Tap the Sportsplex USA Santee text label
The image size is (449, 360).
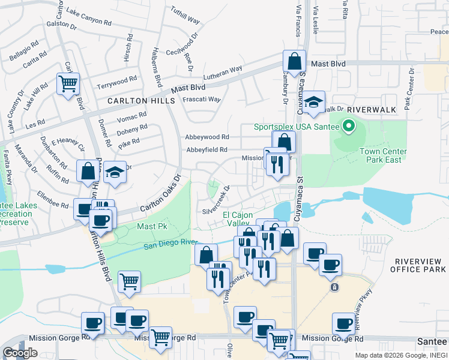coord(297,127)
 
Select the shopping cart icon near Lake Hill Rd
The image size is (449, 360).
coord(68,84)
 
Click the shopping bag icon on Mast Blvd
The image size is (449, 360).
coord(295,62)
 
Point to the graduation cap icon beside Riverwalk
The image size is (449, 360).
coord(313,103)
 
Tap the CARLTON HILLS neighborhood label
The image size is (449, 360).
coord(141,101)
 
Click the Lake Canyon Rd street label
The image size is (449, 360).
coord(89,17)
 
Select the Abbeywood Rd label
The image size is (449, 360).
coord(208,137)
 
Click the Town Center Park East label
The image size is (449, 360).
coord(383,155)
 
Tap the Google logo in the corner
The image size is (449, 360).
coord(20,352)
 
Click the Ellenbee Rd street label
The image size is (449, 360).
coord(53,199)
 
